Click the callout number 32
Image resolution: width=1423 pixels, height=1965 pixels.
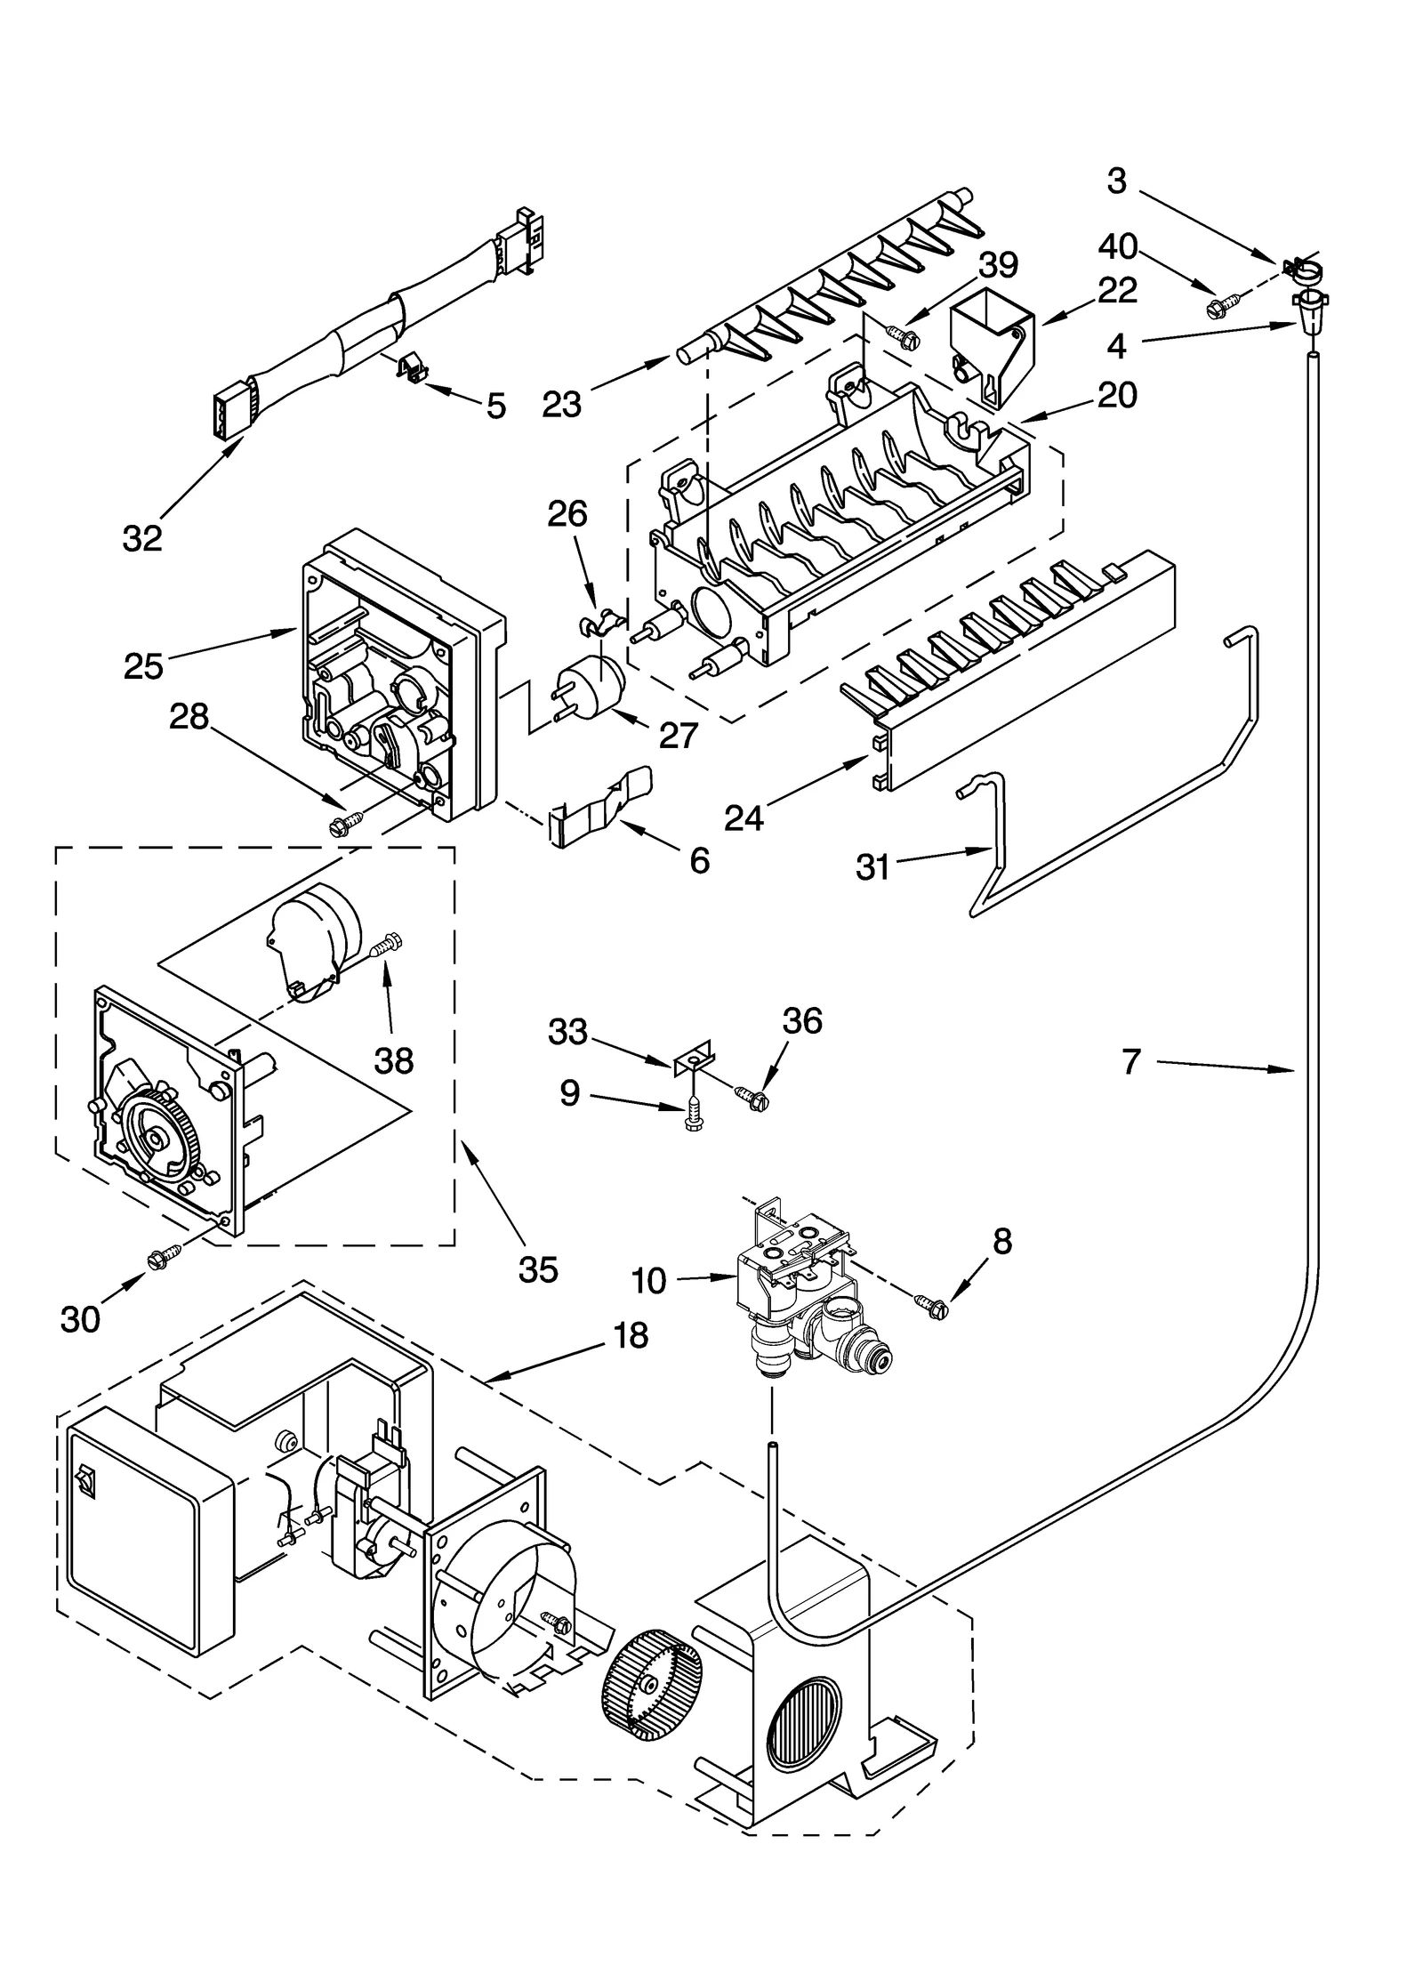coord(142,537)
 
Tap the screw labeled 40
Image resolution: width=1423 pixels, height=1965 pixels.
coord(1217,309)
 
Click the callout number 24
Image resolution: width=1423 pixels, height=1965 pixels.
coord(744,817)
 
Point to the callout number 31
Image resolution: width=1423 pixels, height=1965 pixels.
coord(872,866)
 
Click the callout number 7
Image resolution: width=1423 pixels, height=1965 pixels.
coord(1130,1062)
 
